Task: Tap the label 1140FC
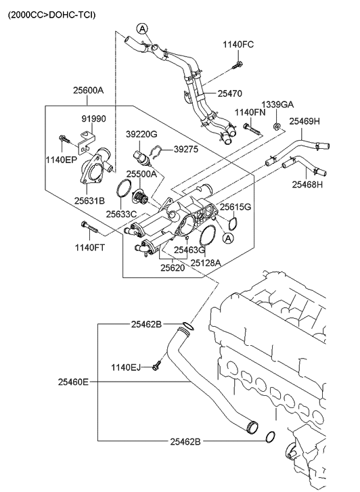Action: [x=239, y=45]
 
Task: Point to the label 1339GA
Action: [x=278, y=104]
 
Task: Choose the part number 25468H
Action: [x=307, y=184]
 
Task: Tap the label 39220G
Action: [x=141, y=134]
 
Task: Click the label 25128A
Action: [x=206, y=262]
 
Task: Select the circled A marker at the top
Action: [x=141, y=28]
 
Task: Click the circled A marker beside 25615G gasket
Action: [x=228, y=238]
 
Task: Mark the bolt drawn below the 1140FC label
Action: [x=239, y=65]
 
